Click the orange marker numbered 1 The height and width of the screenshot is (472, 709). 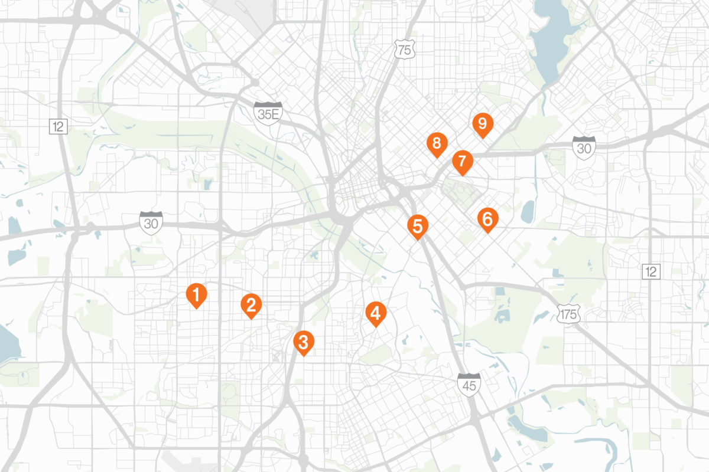[196, 293]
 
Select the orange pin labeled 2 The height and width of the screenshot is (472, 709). [251, 304]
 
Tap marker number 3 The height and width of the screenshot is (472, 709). [303, 342]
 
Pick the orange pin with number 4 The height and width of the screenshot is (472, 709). [376, 312]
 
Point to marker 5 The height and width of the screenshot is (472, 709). [417, 225]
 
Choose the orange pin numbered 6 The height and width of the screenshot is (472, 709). [487, 219]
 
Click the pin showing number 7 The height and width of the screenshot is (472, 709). [462, 160]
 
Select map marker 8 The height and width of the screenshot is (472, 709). [437, 143]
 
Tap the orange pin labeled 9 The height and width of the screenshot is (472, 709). [482, 124]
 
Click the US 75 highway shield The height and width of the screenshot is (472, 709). [404, 50]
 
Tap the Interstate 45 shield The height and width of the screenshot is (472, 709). [469, 383]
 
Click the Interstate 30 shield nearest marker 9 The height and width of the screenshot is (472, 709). [584, 146]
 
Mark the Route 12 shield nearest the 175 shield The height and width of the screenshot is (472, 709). [651, 271]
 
